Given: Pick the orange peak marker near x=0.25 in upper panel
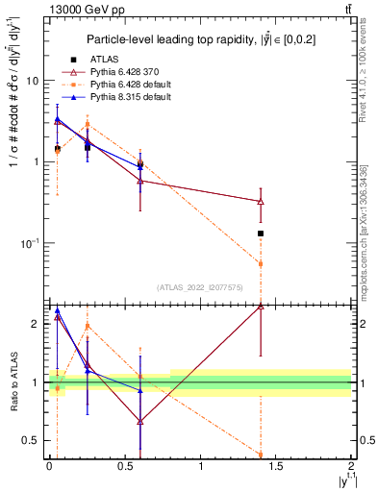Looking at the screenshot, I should tap(88, 124).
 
